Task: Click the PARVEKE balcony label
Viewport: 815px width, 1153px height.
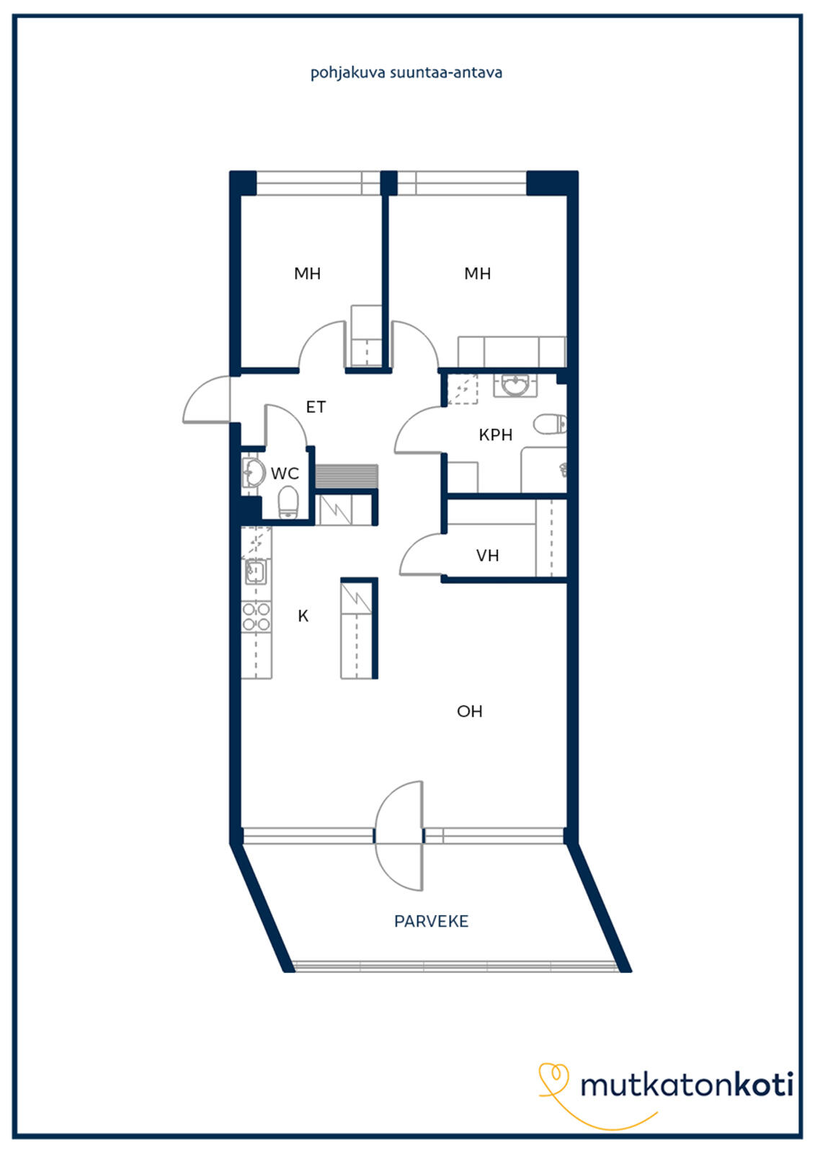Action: click(x=431, y=922)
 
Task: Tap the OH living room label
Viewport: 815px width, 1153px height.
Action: click(x=470, y=711)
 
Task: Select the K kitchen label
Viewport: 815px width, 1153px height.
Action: click(x=303, y=615)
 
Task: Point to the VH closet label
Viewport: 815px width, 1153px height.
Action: click(x=487, y=556)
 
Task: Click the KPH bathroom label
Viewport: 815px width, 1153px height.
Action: click(x=495, y=435)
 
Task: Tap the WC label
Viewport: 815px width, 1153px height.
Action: click(x=285, y=473)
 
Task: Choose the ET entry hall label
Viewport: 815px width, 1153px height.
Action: click(x=316, y=407)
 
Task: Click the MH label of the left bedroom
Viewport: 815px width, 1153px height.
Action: click(x=308, y=273)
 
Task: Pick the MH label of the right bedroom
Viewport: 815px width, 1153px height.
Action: click(x=477, y=273)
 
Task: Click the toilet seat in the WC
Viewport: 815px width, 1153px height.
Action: click(x=288, y=503)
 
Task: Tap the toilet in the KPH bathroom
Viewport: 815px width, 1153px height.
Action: click(x=550, y=424)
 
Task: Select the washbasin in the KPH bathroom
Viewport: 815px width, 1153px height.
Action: click(x=515, y=385)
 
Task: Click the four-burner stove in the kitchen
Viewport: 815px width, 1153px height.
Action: click(x=257, y=617)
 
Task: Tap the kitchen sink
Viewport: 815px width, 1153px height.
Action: click(x=255, y=571)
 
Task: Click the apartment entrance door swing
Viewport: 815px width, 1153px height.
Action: click(x=207, y=399)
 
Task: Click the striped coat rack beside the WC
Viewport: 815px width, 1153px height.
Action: click(x=347, y=476)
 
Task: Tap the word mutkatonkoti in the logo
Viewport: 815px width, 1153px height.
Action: click(x=687, y=1085)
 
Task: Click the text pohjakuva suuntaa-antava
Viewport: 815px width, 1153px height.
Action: click(x=406, y=73)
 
